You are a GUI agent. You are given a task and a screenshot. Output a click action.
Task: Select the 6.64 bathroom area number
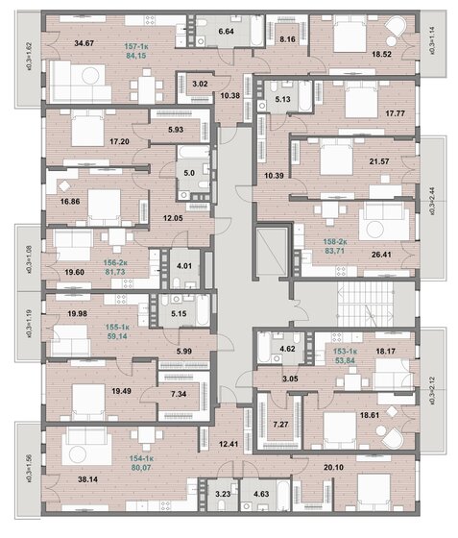(x=227, y=32)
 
